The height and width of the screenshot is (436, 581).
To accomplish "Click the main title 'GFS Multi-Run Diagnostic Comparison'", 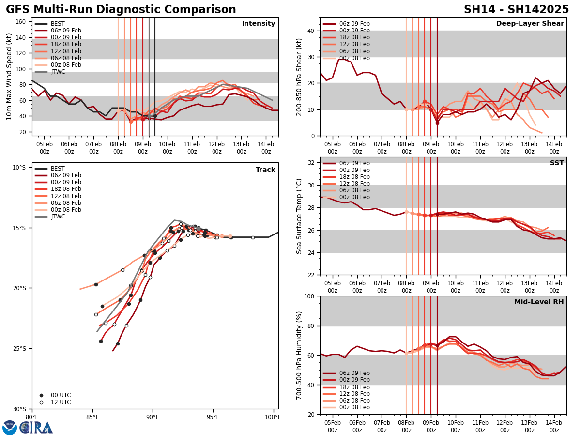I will click(x=121, y=10).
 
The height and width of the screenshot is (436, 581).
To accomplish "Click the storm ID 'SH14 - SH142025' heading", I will click(x=516, y=10).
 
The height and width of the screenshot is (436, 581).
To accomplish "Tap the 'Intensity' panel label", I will click(x=259, y=24).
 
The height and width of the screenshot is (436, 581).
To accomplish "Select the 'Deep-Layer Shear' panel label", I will click(x=530, y=24).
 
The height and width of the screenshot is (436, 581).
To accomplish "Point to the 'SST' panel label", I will click(x=557, y=163).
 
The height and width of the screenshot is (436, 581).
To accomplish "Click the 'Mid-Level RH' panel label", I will click(x=539, y=302).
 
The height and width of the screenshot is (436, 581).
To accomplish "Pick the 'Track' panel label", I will click(x=265, y=170).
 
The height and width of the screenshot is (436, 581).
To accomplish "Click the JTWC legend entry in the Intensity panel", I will click(x=58, y=72).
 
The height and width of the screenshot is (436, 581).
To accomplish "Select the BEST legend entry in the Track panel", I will click(x=58, y=169).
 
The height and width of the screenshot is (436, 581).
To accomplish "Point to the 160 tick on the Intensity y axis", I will click(x=21, y=22).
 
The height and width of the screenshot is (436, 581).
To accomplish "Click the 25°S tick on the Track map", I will click(x=19, y=349).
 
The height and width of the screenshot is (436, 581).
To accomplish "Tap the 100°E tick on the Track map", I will click(x=273, y=416).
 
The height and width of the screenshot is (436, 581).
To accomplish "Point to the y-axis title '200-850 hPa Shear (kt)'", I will click(x=300, y=77).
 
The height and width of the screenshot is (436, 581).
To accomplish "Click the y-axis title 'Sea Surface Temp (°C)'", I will click(x=300, y=216).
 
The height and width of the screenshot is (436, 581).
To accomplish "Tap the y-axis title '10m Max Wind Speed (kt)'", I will click(x=9, y=77).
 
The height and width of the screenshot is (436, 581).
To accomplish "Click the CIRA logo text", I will click(x=36, y=427).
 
